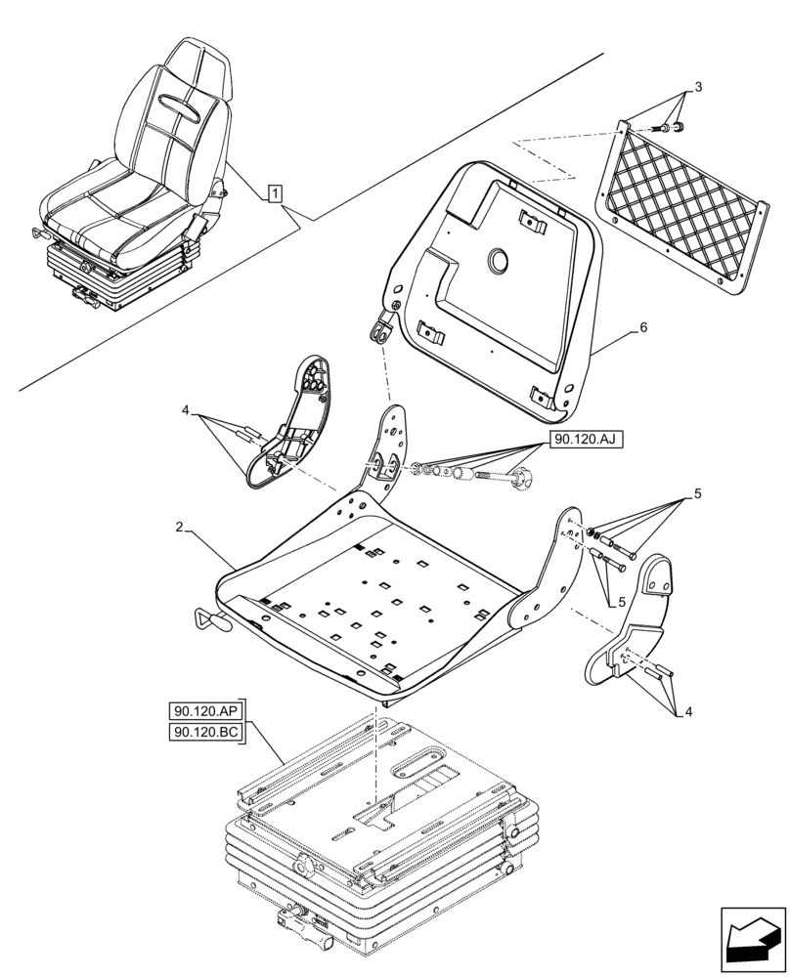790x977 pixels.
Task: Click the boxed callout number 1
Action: pos(277,191)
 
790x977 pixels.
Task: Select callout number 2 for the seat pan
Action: pos(179,529)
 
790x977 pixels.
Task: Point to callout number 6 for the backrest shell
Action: pos(641,329)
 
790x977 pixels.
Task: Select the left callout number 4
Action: pos(185,412)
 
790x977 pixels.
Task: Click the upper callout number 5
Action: pos(697,495)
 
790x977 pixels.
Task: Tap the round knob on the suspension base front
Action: pos(303,866)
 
